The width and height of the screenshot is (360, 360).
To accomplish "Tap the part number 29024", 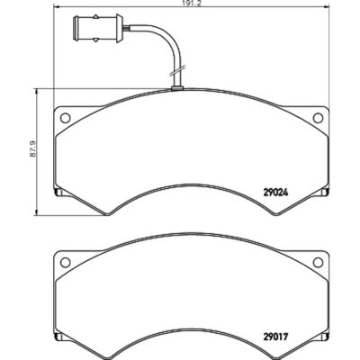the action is click(x=275, y=193).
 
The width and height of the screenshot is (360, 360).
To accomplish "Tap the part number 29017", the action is click(x=275, y=337).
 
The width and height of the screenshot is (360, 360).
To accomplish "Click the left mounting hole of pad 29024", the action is click(x=65, y=118).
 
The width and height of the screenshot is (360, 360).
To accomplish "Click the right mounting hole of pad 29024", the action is click(x=318, y=118).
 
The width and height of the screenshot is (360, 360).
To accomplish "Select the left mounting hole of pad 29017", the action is click(x=65, y=263).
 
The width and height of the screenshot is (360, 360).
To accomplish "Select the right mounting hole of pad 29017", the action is click(x=318, y=263).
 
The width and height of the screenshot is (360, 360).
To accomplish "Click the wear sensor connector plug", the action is click(x=97, y=28).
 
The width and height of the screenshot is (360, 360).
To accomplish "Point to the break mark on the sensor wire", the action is click(x=176, y=71).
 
